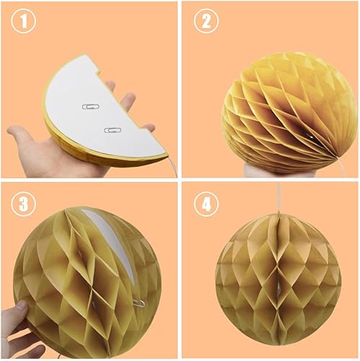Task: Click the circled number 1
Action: [24, 21]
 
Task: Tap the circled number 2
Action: [206, 21]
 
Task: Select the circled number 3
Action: [24, 204]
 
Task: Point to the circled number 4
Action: [206, 204]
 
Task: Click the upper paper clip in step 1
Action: [91, 106]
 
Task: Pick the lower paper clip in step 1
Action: [113, 130]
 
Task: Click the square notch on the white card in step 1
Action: [98, 70]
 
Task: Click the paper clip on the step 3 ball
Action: [139, 304]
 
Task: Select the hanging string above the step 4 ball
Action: [279, 197]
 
